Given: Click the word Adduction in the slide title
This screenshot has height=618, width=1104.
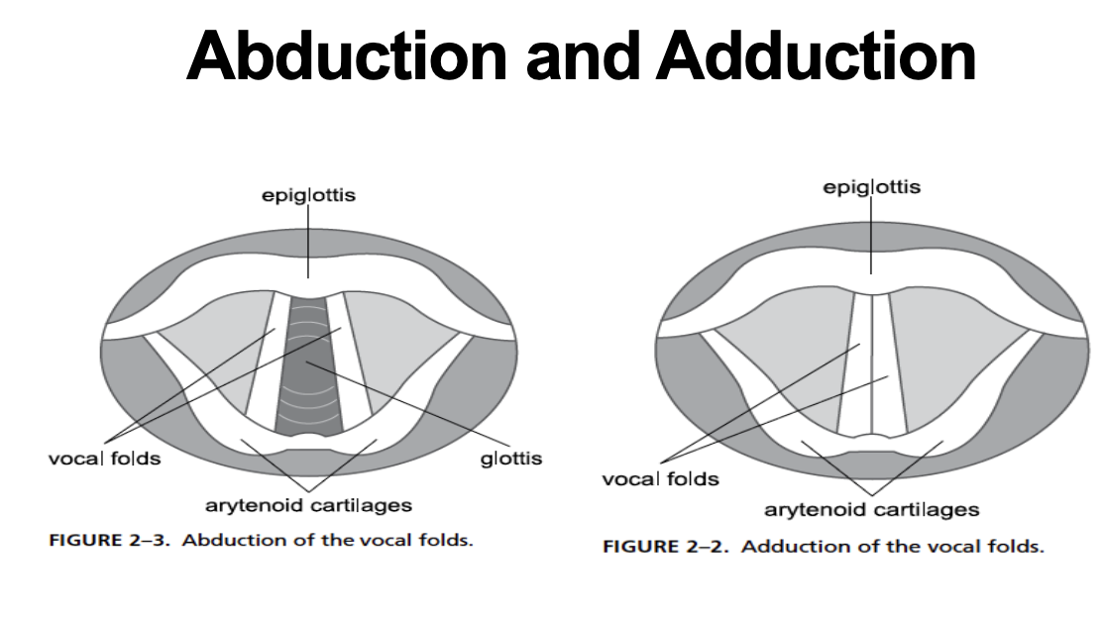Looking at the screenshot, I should [816, 57].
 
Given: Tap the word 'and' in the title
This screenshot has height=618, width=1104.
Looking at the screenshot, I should [587, 57].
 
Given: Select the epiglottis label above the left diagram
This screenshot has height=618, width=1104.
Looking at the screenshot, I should [308, 196].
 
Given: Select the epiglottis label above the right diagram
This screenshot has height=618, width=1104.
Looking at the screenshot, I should [872, 187].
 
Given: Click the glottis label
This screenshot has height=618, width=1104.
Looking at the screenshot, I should [511, 459].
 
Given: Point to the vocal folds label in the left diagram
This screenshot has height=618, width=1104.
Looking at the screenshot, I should [105, 459].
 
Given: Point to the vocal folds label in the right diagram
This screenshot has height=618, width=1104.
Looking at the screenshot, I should [660, 479].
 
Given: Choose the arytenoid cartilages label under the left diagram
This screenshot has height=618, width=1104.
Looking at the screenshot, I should [308, 506].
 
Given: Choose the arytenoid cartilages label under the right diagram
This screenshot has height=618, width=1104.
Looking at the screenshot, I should [871, 510].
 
